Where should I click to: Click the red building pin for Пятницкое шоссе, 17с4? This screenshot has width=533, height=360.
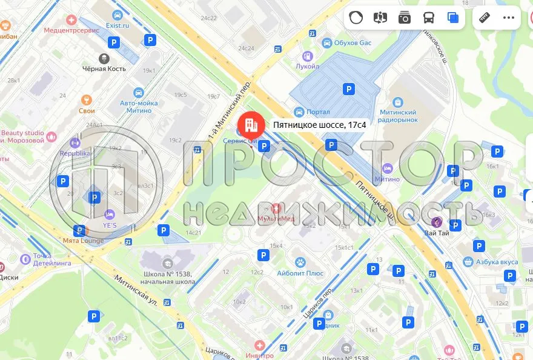point(249,125)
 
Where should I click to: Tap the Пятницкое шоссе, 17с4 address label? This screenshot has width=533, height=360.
point(319,125)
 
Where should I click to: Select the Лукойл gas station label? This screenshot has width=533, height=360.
point(308,65)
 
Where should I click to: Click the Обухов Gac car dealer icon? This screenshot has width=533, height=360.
point(327,43)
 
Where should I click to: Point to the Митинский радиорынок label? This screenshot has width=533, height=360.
point(398,116)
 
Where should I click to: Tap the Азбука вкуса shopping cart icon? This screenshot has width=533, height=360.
point(468,262)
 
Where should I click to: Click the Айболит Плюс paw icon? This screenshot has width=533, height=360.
point(300,262)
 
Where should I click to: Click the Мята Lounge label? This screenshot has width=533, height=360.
point(83,241)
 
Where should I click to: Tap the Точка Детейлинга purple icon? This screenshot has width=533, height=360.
point(25,259)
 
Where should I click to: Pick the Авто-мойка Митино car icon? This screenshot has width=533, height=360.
point(139,93)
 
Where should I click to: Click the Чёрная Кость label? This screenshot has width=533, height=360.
point(104,68)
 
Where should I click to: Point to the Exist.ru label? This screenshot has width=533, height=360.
point(118,26)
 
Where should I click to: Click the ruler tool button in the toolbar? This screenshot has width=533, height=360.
point(484,18)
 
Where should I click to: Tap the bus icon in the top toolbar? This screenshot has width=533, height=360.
point(429,18)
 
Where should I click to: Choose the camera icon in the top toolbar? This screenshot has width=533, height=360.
point(405,18)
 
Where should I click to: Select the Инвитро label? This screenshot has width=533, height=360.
point(260,356)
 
